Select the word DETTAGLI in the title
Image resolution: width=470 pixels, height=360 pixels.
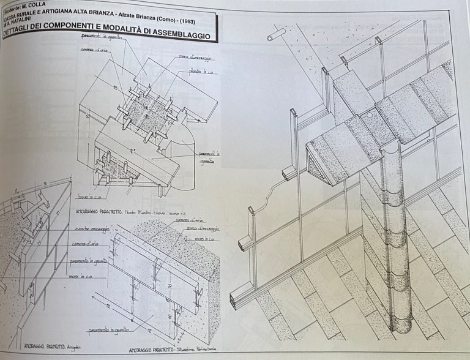coord(24,35)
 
